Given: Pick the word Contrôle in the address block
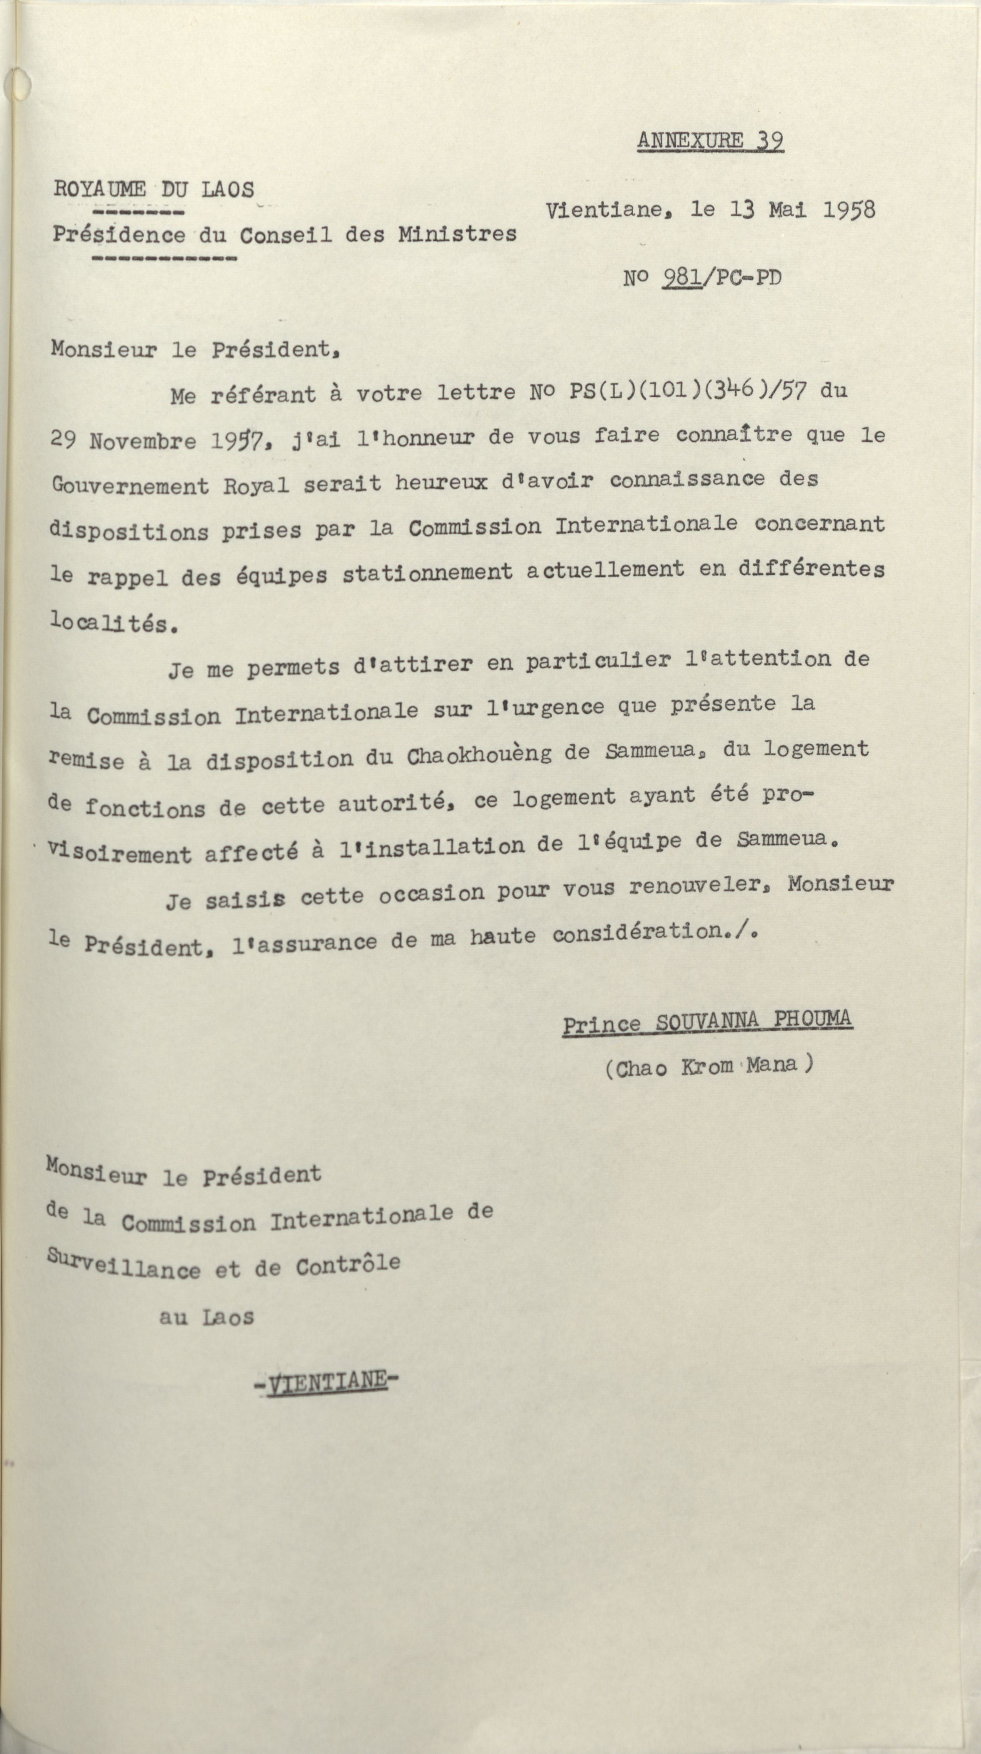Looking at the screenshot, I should tap(347, 1265).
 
